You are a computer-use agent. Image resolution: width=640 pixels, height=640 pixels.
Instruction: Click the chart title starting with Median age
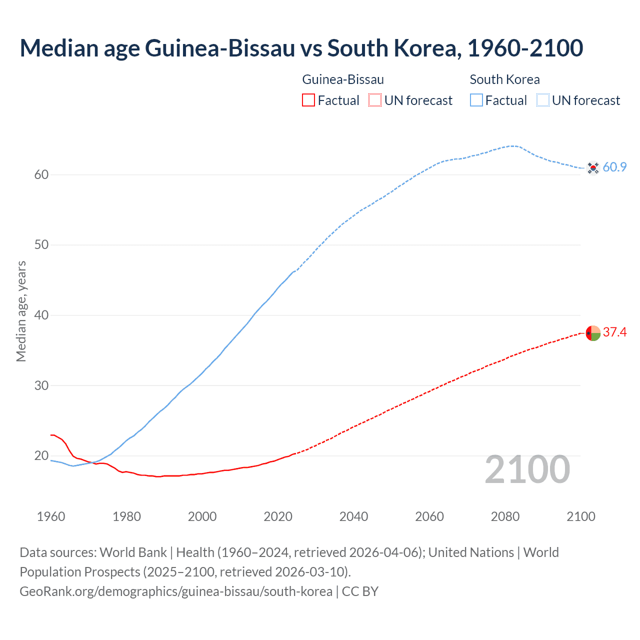coord(301,48)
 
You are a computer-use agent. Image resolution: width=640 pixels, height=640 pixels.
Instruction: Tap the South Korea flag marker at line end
coord(592,167)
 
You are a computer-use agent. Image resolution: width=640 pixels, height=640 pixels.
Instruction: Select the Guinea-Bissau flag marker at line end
coord(592,333)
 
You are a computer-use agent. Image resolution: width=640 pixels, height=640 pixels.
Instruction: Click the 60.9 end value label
coord(614,167)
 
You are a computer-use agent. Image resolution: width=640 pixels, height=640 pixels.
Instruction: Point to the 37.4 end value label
coord(614,332)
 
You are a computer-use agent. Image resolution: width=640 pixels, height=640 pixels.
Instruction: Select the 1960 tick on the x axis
coord(51,516)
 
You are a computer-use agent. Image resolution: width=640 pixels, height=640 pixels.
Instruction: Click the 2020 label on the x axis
coord(278,516)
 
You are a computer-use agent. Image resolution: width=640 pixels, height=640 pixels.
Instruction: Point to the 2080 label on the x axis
coord(505,516)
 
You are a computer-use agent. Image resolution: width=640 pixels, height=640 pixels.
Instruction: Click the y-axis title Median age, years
coord(21,311)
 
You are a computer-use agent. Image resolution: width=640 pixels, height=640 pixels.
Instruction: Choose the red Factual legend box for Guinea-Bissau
coord(308,100)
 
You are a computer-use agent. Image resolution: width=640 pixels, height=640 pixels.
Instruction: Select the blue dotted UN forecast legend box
coord(543,100)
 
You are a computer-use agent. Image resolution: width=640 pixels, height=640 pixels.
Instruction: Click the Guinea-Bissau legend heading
coord(343,79)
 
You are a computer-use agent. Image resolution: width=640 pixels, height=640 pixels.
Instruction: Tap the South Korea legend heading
coord(504,79)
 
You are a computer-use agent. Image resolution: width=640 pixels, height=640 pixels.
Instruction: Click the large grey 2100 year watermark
coord(527,469)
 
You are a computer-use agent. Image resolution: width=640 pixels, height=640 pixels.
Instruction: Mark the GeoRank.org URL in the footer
coord(176,591)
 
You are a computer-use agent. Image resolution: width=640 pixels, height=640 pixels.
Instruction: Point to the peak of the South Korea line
coord(513,146)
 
